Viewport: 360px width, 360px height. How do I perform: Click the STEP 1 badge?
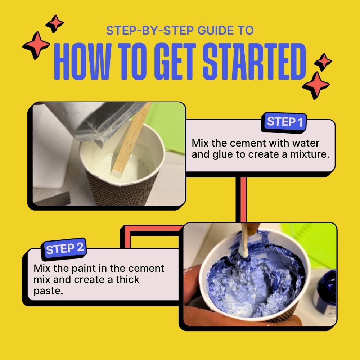tap(284, 122)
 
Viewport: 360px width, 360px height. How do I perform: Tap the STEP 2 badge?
tap(64, 249)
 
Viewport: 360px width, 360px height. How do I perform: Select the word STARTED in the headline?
tap(254, 61)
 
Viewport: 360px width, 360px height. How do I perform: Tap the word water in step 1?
tap(305, 143)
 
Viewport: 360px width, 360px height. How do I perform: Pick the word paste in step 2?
tap(48, 291)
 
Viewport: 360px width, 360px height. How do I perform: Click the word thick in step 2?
tap(127, 280)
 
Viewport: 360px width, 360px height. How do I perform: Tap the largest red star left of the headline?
tap(36, 45)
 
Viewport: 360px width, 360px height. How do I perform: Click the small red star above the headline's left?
tap(55, 24)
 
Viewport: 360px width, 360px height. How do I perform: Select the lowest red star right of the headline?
tap(316, 85)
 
